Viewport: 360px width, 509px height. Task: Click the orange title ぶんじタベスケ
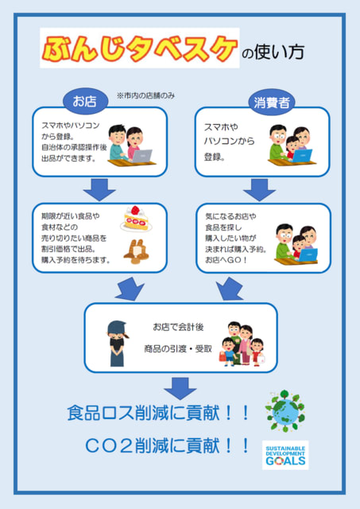tap(140, 49)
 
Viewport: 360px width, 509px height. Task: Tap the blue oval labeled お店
tap(85, 101)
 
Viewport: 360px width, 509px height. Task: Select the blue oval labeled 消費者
tap(271, 103)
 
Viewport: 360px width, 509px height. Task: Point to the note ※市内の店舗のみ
tap(145, 95)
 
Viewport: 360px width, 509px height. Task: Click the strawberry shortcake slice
tap(136, 219)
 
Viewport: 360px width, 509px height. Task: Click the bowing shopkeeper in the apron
tap(117, 344)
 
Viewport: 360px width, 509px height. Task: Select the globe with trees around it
tap(285, 410)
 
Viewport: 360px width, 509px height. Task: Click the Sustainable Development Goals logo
tap(285, 455)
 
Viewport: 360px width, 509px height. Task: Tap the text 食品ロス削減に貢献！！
tap(158, 413)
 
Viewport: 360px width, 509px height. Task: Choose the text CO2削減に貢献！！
tap(167, 445)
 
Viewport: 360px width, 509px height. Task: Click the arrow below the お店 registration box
tap(99, 189)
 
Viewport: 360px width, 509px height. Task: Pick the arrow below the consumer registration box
tap(259, 189)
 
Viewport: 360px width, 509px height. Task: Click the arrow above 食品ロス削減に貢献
tap(180, 388)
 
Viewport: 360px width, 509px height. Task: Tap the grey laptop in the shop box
tap(141, 156)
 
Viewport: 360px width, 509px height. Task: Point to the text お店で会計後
tap(178, 327)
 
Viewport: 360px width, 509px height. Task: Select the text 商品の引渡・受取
tap(178, 348)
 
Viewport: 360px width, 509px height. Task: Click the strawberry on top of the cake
tap(135, 210)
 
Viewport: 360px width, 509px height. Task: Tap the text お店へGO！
tap(226, 260)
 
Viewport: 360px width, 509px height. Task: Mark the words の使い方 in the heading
tap(273, 52)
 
